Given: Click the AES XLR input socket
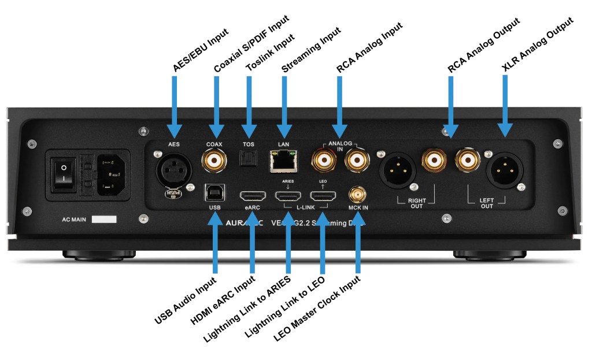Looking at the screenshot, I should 174,169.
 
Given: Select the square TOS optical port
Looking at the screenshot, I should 248,157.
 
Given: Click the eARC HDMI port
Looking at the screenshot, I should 251,195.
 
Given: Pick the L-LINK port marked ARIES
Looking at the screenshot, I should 288,195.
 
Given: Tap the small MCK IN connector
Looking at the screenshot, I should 355,194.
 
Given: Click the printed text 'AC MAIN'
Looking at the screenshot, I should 75,220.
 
